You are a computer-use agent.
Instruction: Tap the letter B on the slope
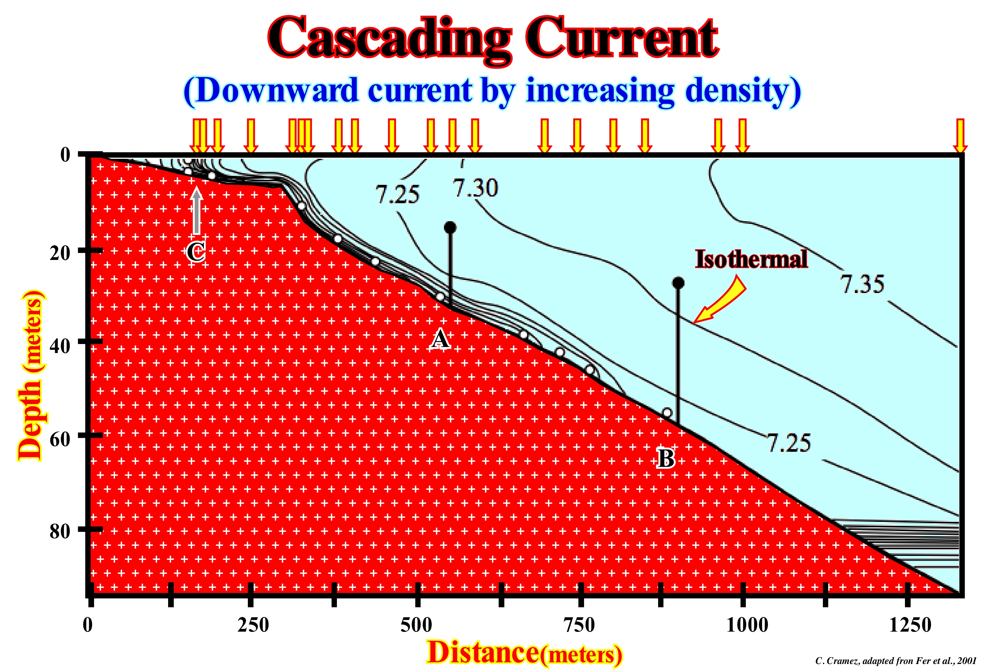click(x=666, y=458)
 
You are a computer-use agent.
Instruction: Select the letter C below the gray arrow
click(x=196, y=252)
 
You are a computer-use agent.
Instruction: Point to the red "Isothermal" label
click(x=751, y=259)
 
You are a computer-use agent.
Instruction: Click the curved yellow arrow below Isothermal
click(x=720, y=299)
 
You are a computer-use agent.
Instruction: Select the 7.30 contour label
click(x=475, y=188)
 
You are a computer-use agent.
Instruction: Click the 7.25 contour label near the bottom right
click(x=789, y=443)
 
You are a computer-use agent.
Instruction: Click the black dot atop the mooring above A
click(x=450, y=228)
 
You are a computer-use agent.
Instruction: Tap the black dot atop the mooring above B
click(x=678, y=283)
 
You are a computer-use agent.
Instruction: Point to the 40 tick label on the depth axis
click(x=60, y=346)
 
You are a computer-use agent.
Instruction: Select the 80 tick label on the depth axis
click(x=60, y=531)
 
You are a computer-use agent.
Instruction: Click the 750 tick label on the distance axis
click(x=580, y=625)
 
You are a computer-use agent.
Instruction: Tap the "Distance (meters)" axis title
click(x=524, y=653)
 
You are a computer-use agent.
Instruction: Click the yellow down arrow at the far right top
click(x=960, y=136)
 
